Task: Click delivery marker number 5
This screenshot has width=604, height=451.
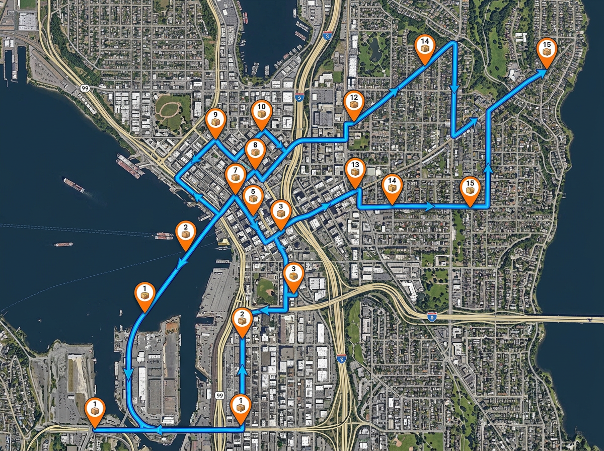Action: [x=253, y=197]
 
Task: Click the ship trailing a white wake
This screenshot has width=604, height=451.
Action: [x=73, y=185]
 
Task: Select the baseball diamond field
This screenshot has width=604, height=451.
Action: [x=266, y=288]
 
